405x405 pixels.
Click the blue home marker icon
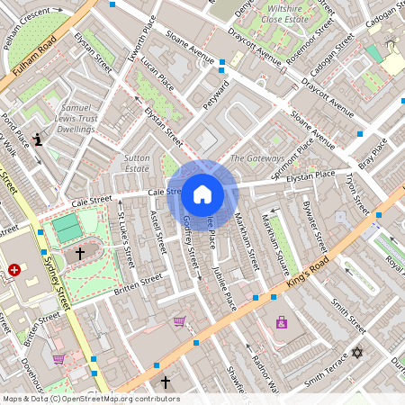tap(202, 193)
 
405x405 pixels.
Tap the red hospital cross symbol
tap(14, 269)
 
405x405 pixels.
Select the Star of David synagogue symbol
tap(356, 353)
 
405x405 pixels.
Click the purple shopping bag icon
tap(282, 321)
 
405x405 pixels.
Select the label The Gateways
tap(256, 158)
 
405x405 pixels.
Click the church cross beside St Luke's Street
tap(79, 254)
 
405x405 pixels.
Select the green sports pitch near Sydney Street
tap(66, 227)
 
